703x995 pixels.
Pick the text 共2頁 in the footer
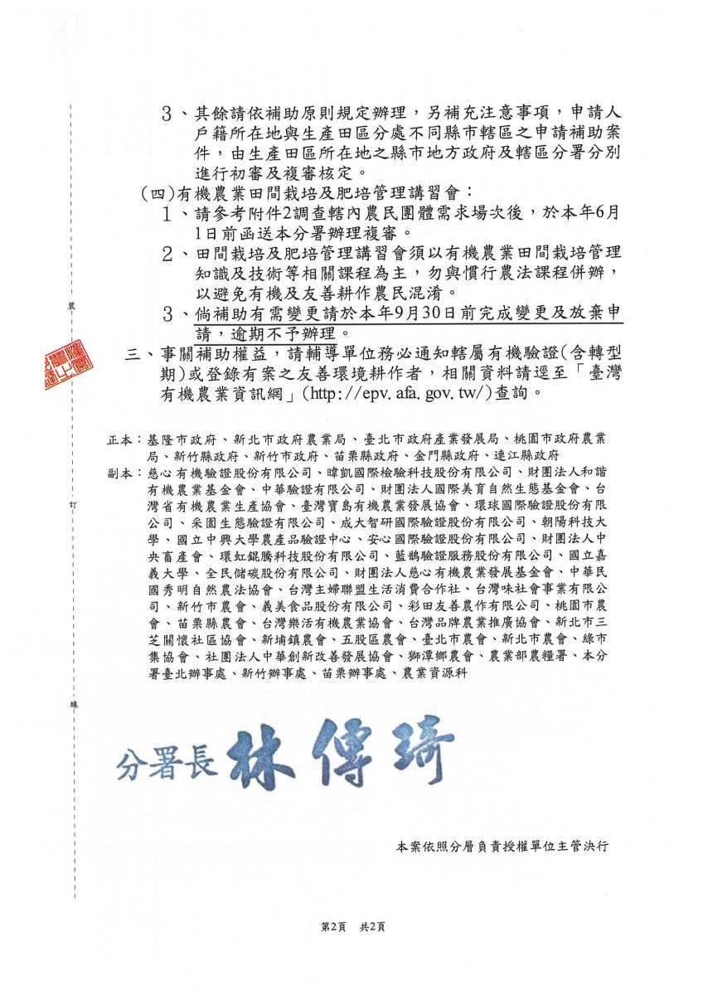[x=371, y=927]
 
